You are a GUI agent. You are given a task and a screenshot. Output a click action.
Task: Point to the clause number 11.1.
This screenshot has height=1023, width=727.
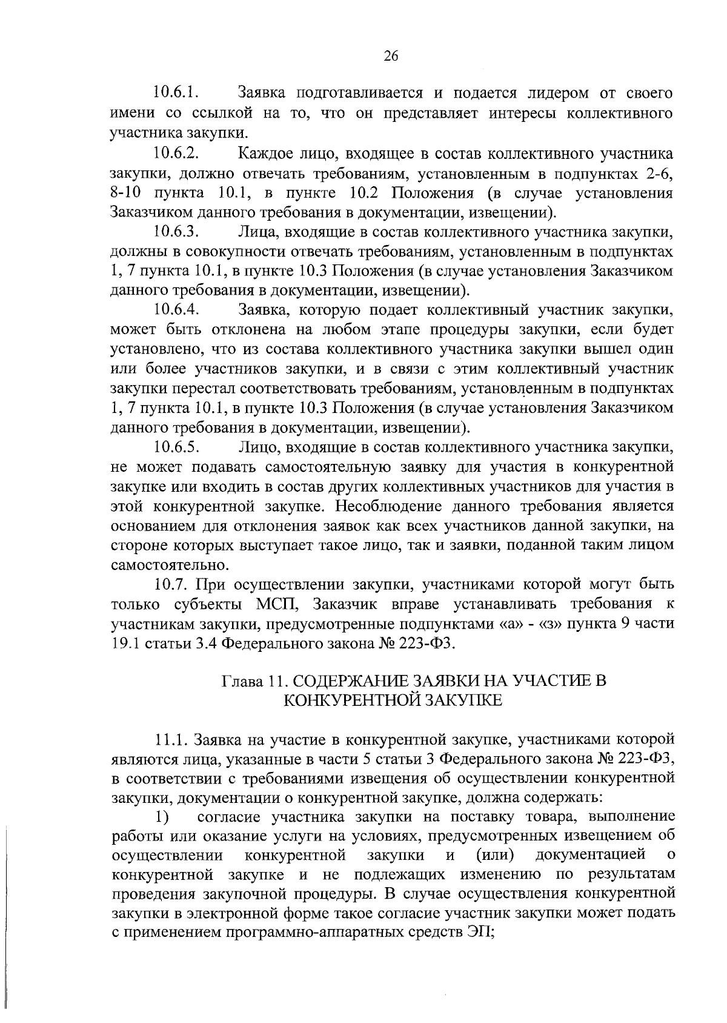point(174,740)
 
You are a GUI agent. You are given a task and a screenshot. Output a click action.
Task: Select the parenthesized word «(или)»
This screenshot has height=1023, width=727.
point(495,855)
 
